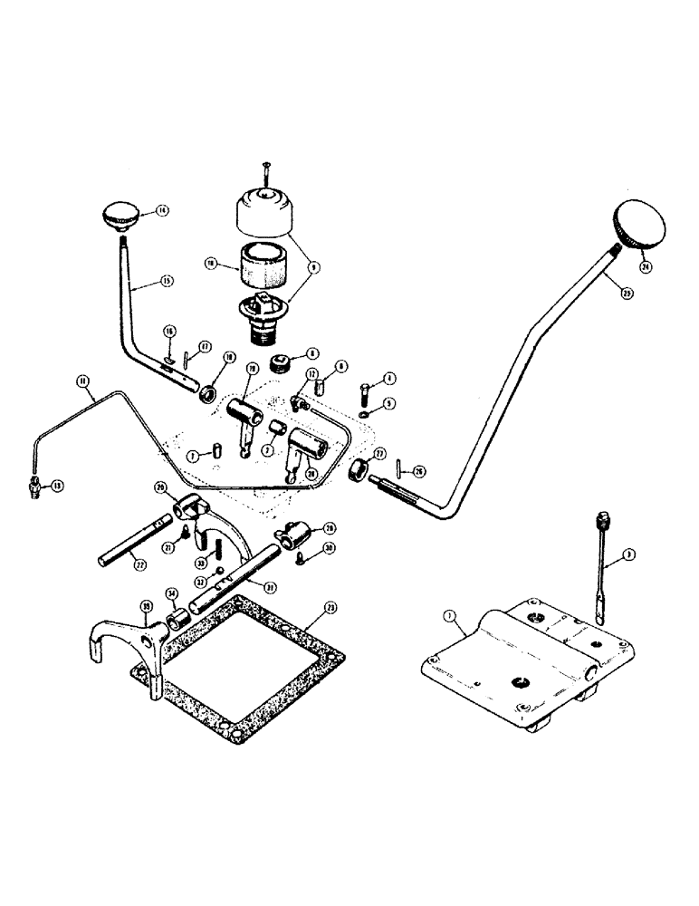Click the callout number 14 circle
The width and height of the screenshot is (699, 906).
[162, 210]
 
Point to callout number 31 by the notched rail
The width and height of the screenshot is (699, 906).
[270, 584]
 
